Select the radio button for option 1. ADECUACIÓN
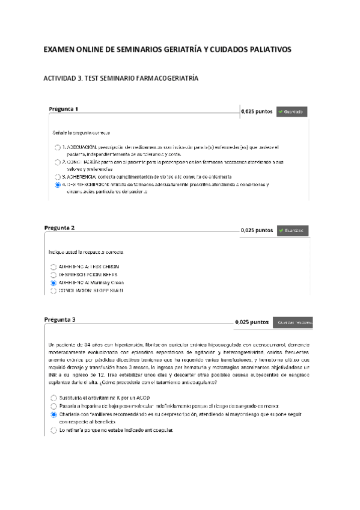[57, 147]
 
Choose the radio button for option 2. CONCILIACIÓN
[57, 162]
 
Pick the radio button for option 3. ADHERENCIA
[57, 177]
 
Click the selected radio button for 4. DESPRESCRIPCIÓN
[57, 185]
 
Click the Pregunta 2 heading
[59, 228]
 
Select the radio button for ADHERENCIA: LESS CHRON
[53, 266]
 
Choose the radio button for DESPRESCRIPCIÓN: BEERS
[53, 274]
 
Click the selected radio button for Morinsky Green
[53, 283]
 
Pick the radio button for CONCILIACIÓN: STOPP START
[53, 291]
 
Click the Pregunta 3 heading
[59, 319]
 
